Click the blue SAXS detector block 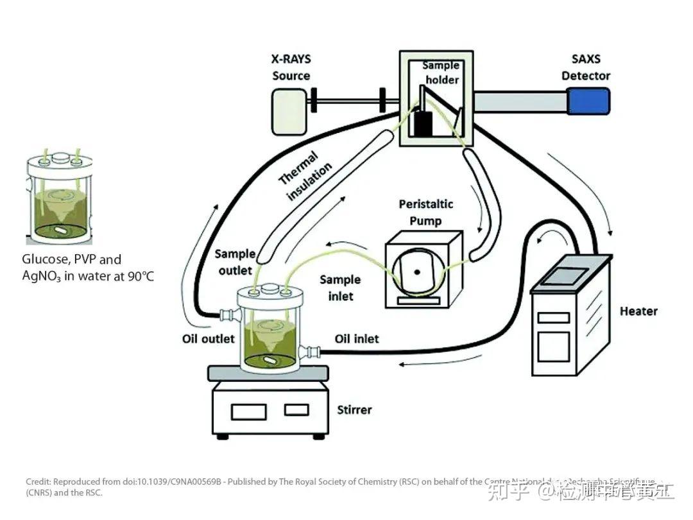[x=588, y=101]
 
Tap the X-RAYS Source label [x=291, y=67]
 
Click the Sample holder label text [x=440, y=72]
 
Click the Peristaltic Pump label [x=425, y=212]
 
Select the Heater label [x=638, y=311]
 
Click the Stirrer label [x=354, y=409]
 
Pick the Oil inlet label [x=357, y=338]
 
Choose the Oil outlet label [x=209, y=338]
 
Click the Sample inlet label [x=340, y=288]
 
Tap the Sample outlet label [x=235, y=262]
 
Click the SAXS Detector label [x=586, y=67]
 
